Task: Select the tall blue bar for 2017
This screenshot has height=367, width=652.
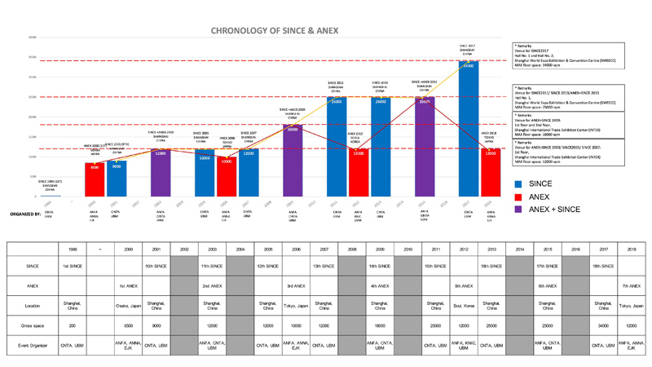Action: pyautogui.click(x=468, y=130)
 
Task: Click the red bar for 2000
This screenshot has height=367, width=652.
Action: pyautogui.click(x=95, y=180)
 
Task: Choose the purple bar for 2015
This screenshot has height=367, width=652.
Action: pyautogui.click(x=425, y=148)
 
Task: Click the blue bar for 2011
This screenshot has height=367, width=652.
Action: pyautogui.click(x=336, y=148)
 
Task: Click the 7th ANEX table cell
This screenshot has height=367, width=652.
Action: pyautogui.click(x=631, y=286)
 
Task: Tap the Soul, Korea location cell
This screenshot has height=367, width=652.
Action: pyautogui.click(x=463, y=306)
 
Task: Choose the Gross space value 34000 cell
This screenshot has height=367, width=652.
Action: pyautogui.click(x=603, y=325)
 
